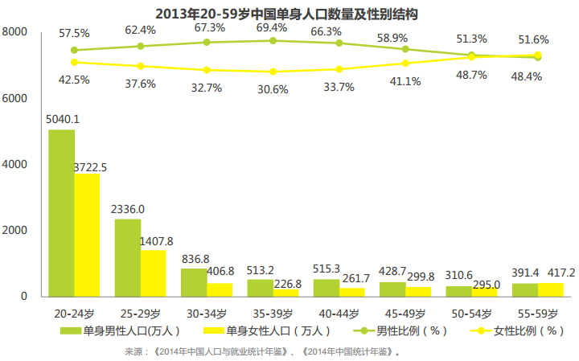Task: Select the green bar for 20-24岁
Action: [61, 213]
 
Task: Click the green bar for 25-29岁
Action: [128, 257]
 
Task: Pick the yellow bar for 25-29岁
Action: [154, 273]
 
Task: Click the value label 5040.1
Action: [62, 120]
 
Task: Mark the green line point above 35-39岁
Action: [273, 40]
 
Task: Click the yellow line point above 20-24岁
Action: [74, 62]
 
